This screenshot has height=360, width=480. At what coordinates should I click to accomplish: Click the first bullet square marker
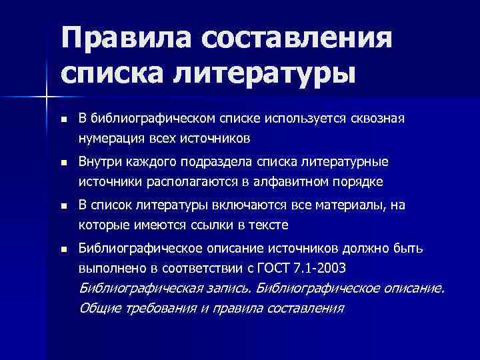point(63,119)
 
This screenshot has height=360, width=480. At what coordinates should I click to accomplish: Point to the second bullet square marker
point(63,162)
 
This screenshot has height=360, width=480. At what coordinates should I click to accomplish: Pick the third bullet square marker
point(63,205)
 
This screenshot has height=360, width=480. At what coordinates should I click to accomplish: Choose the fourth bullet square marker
point(63,249)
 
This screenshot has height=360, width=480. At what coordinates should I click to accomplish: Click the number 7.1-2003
point(337,268)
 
